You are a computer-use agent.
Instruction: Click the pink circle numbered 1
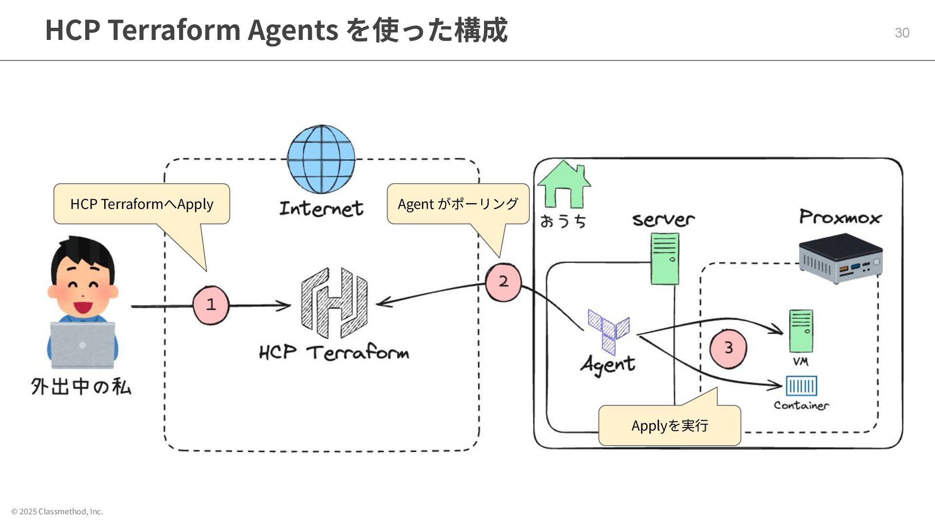(x=211, y=305)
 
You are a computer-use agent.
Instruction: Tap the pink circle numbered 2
(x=504, y=282)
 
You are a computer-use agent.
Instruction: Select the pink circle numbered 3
(x=728, y=348)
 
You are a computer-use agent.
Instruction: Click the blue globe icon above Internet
(x=321, y=159)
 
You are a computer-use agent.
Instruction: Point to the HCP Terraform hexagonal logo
(x=334, y=302)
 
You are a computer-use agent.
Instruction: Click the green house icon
(x=564, y=185)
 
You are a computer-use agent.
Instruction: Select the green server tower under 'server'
(x=665, y=258)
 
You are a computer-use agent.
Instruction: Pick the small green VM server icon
(x=801, y=331)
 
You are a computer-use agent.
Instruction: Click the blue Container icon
(x=801, y=386)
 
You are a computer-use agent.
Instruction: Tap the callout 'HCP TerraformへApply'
(x=142, y=204)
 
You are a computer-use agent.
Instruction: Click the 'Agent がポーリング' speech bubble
(x=458, y=204)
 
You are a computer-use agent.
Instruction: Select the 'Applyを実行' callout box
(x=670, y=425)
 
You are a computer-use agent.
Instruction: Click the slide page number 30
(x=902, y=33)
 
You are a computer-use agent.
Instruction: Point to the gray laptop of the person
(x=82, y=345)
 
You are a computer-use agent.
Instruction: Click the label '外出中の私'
(x=81, y=387)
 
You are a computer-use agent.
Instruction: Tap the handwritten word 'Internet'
(x=321, y=208)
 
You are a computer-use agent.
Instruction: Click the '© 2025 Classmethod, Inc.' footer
(x=57, y=511)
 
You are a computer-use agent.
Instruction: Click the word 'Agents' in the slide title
(x=293, y=30)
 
